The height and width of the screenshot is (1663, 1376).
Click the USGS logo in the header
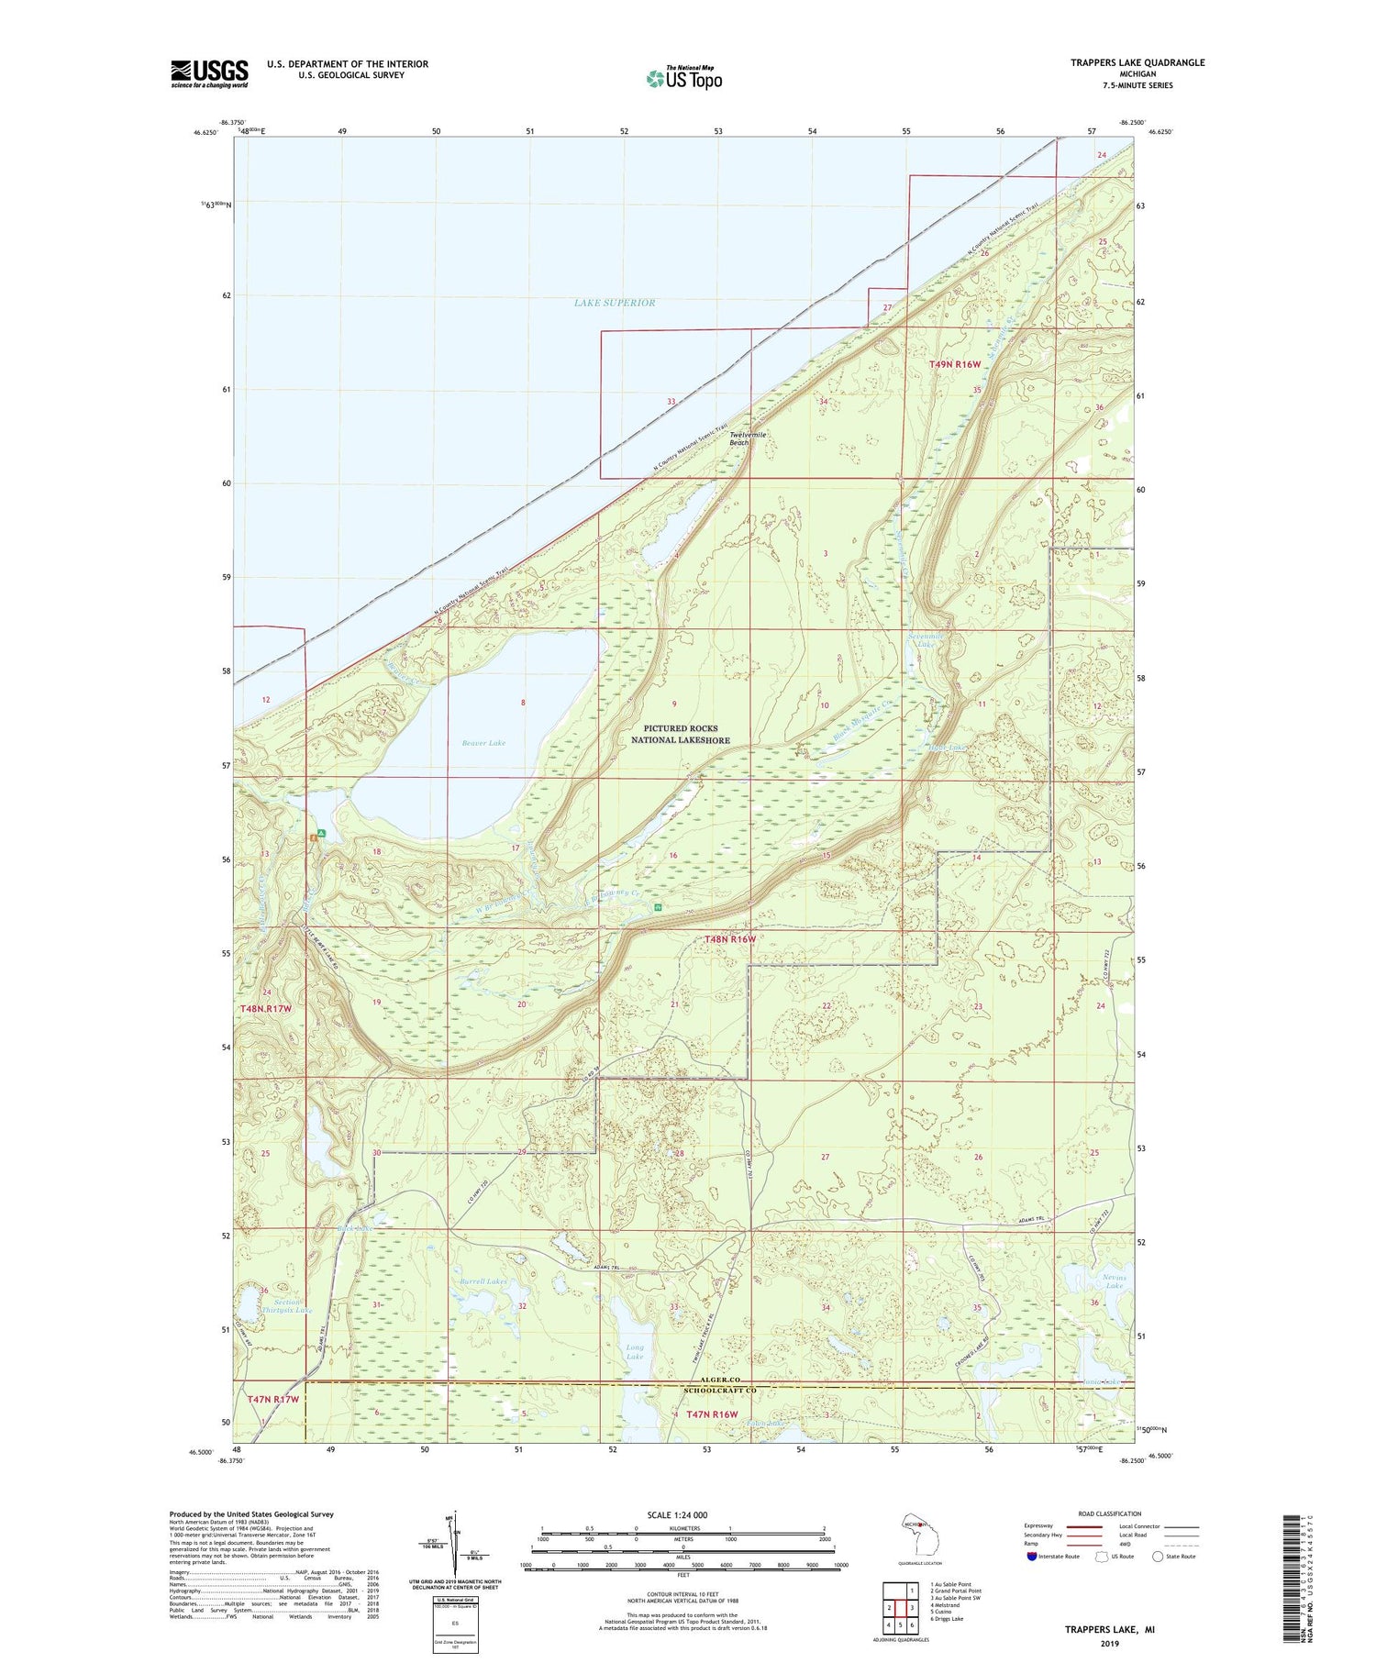pyautogui.click(x=209, y=73)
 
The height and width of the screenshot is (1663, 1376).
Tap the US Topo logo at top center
pyautogui.click(x=683, y=79)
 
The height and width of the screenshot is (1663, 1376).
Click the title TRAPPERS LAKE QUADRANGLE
pyautogui.click(x=1137, y=62)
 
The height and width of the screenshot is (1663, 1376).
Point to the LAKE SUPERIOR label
pyautogui.click(x=615, y=303)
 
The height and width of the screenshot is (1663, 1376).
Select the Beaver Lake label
pyautogui.click(x=483, y=743)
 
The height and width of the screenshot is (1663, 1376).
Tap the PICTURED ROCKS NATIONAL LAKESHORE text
pyautogui.click(x=680, y=734)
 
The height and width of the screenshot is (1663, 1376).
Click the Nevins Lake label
pyautogui.click(x=1114, y=1281)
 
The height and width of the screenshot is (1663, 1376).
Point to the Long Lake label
pyautogui.click(x=635, y=1352)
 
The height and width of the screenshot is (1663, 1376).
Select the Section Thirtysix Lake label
pyautogui.click(x=287, y=1306)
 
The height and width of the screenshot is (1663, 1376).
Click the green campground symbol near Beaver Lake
pyautogui.click(x=320, y=834)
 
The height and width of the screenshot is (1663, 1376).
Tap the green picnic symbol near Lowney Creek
pyautogui.click(x=658, y=906)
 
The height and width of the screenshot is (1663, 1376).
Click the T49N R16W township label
pyautogui.click(x=955, y=364)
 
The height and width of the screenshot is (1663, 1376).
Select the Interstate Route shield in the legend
pyautogui.click(x=1032, y=1557)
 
